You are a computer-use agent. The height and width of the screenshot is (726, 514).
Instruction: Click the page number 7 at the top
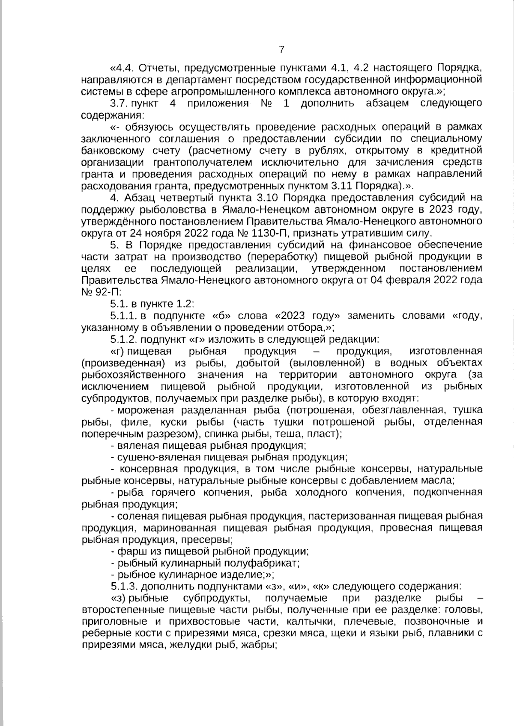tap(281, 50)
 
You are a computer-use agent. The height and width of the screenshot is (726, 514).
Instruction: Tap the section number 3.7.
tap(119, 104)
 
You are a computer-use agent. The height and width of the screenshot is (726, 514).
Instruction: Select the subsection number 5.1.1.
tap(123, 316)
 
